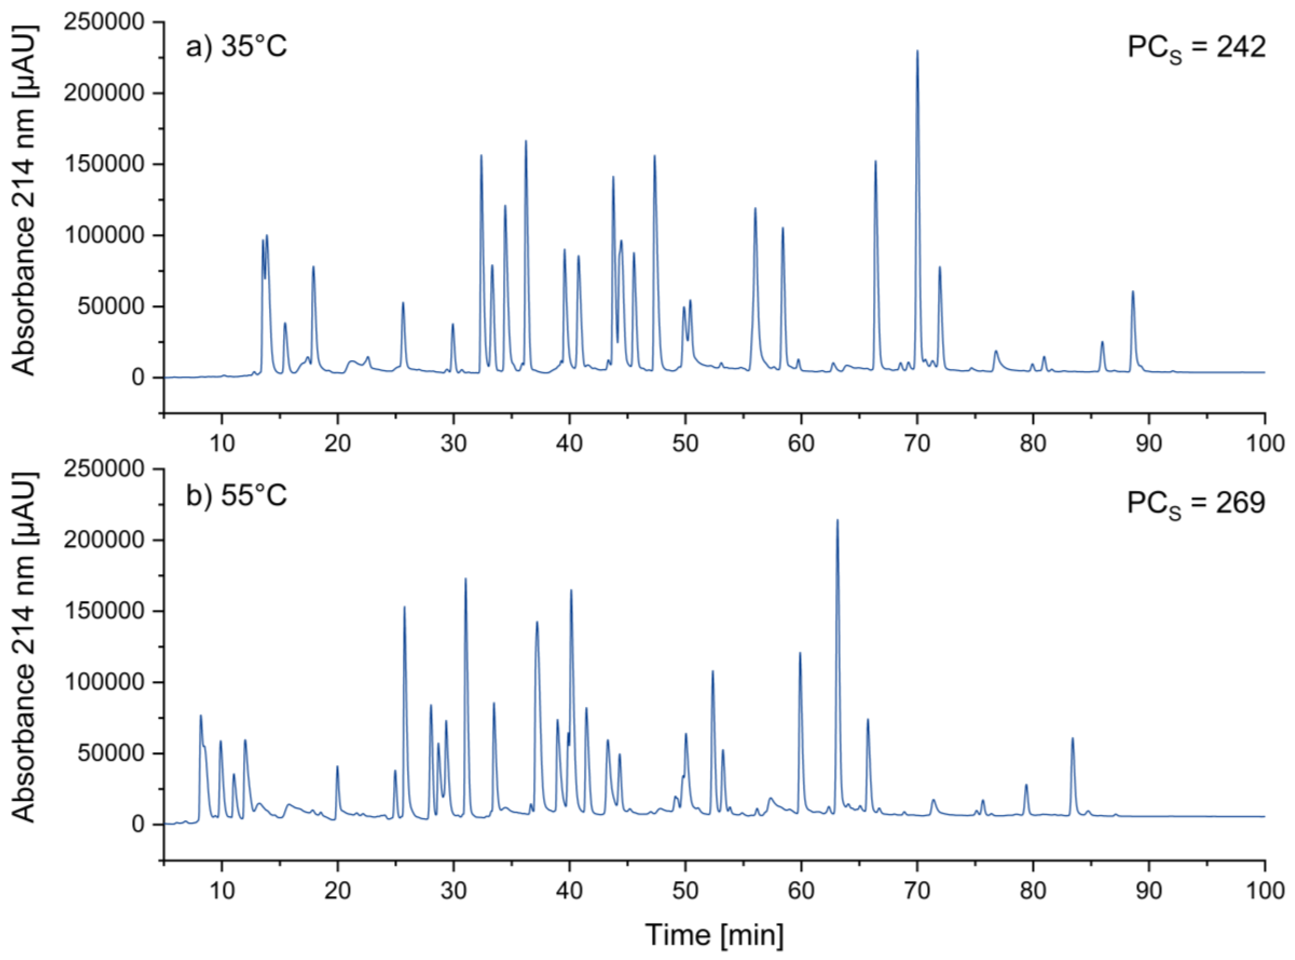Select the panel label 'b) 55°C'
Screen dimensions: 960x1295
[236, 496]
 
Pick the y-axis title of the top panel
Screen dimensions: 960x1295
[24, 201]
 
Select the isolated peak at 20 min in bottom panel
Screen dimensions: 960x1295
[337, 767]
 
